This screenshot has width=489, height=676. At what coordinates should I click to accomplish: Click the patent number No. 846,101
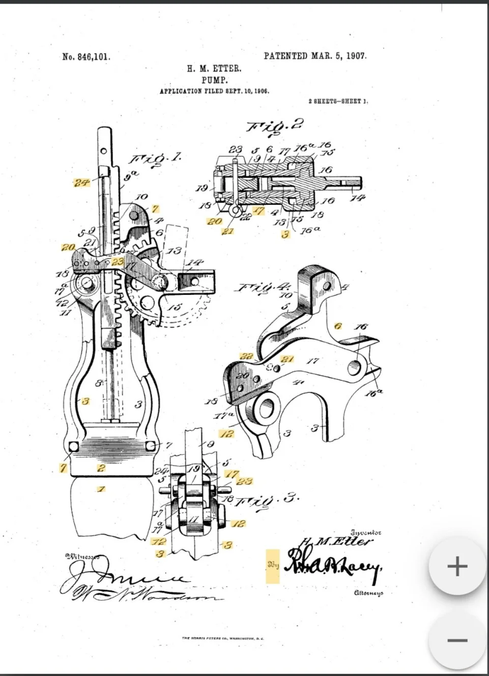(x=86, y=57)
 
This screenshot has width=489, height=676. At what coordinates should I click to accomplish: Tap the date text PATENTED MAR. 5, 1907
(x=315, y=56)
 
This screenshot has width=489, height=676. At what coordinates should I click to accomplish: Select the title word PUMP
(x=214, y=80)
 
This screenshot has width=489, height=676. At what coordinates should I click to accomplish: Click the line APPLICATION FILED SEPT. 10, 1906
(x=214, y=92)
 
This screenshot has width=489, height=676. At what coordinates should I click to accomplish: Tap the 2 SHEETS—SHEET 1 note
(x=338, y=101)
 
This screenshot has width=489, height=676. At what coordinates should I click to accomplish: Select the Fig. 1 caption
(x=156, y=159)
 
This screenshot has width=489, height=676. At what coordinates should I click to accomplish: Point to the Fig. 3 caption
(x=272, y=499)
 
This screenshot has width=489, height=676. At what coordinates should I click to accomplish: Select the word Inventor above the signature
(x=366, y=533)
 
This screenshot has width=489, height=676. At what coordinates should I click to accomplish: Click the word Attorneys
(x=368, y=593)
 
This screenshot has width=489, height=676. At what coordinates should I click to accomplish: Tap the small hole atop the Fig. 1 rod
(x=103, y=151)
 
